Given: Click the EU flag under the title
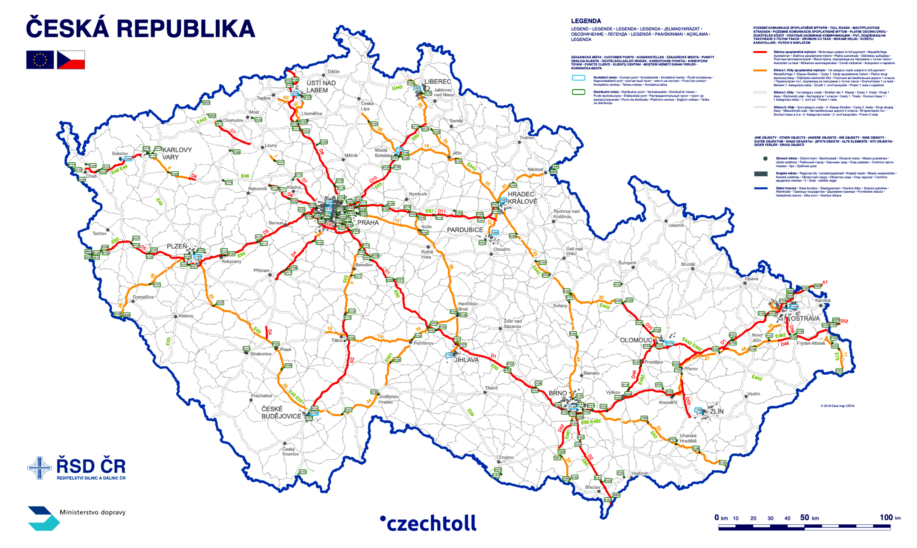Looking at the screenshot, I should click(x=40, y=60).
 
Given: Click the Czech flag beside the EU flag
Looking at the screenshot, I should click(x=71, y=60).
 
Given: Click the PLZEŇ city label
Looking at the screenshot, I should click(x=177, y=246).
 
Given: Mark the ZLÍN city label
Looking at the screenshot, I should click(x=716, y=411).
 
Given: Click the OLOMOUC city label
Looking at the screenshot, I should click(x=636, y=340).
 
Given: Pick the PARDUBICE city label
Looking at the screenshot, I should click(x=465, y=230).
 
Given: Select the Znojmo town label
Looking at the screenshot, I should click(x=506, y=457).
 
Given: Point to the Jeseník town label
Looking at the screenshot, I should click(x=676, y=225).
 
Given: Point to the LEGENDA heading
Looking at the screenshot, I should click(x=586, y=21).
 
